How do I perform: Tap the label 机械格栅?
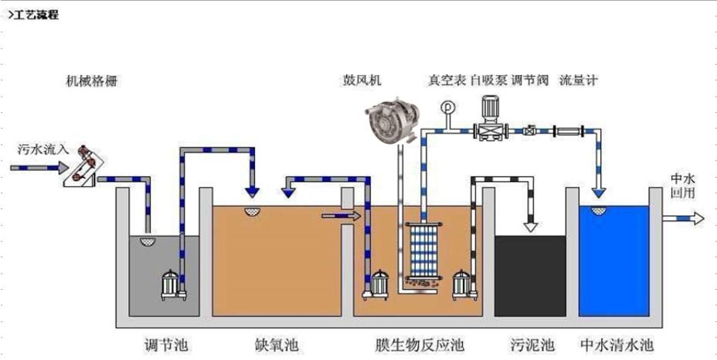point(92,80)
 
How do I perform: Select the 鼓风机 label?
point(362,80)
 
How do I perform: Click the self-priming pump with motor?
point(488,120)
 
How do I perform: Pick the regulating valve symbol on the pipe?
point(531,131)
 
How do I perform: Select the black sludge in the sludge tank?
point(530,274)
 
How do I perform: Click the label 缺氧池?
point(276,342)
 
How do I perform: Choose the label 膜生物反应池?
point(417,342)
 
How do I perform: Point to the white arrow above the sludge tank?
point(531,226)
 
